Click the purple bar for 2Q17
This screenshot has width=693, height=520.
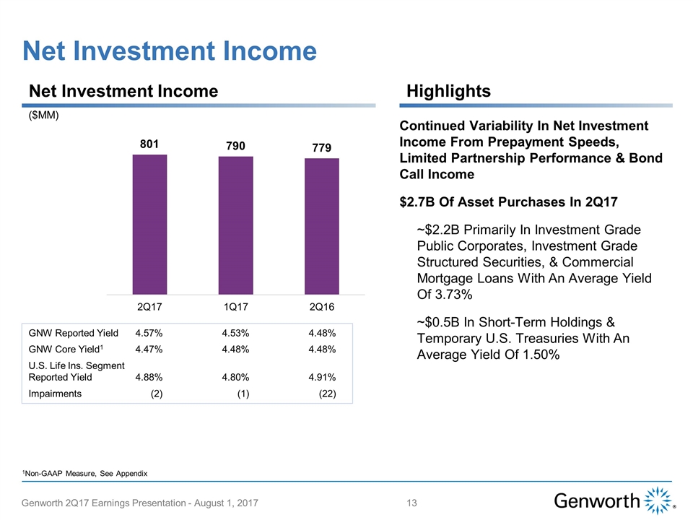coord(149,225)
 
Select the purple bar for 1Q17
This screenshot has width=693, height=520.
coord(235,225)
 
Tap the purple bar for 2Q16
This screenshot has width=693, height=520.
coord(322,226)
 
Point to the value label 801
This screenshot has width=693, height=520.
coord(149,144)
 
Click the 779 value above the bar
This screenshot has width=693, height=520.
coord(322,147)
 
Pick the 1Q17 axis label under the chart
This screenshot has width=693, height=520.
coord(235,307)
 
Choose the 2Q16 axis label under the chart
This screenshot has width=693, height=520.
coord(322,307)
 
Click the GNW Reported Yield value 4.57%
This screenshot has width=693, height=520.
coord(149,333)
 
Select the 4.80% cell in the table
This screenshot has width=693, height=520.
coord(235,376)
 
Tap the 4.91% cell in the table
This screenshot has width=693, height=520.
coord(321,376)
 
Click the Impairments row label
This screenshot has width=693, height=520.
coord(55,394)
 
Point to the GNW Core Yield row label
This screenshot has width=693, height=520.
coord(65,350)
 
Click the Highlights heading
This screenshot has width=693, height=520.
coord(448,91)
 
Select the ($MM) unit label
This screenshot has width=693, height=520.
coord(43,116)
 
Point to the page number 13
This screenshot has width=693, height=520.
coord(414,502)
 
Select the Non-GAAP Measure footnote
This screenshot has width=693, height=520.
coord(85,473)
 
